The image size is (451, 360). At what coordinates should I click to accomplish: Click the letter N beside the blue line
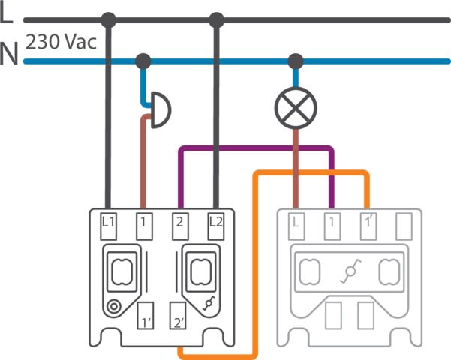(9, 55)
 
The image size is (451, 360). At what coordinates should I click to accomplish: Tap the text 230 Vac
(62, 42)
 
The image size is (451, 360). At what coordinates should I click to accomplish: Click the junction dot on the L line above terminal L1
(109, 19)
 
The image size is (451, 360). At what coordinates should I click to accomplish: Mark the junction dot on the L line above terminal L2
(217, 19)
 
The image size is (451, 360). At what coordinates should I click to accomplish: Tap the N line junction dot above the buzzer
(143, 60)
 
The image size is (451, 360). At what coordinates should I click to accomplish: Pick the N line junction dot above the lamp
(296, 60)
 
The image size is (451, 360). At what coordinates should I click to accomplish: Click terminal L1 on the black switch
(108, 222)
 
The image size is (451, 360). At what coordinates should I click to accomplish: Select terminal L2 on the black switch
(216, 222)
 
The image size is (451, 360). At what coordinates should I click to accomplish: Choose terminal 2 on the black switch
(180, 222)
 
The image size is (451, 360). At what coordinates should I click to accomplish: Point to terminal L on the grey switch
(296, 222)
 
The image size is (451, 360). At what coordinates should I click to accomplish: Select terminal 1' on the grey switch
(368, 222)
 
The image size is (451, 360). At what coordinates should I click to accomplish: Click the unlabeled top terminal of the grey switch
(404, 222)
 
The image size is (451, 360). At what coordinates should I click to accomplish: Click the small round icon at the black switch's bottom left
(114, 305)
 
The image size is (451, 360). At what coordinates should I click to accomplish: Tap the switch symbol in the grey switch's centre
(350, 273)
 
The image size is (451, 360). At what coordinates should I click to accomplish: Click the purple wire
(255, 148)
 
